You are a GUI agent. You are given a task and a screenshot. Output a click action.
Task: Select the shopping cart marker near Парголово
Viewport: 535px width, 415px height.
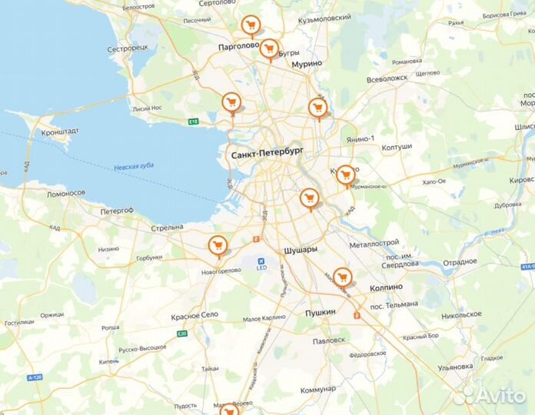[x=250, y=25]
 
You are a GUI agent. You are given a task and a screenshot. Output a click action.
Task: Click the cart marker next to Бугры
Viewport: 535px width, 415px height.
[x=268, y=48]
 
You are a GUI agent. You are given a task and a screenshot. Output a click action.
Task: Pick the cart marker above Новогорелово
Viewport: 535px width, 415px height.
[x=218, y=245]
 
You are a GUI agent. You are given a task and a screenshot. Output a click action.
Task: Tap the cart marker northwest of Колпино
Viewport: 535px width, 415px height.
[x=342, y=276]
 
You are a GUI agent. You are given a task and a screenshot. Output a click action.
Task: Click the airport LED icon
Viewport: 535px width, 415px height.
[x=261, y=261]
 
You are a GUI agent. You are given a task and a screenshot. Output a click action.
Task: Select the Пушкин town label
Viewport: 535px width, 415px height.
[x=321, y=312]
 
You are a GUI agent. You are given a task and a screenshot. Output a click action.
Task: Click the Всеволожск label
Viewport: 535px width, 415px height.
[x=387, y=79]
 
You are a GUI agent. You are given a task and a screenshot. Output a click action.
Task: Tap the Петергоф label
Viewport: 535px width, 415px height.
[x=117, y=211]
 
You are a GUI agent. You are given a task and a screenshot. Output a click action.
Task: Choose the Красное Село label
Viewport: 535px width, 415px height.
[x=196, y=316]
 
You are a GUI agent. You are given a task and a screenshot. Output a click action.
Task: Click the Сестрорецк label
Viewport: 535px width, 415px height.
[x=128, y=48]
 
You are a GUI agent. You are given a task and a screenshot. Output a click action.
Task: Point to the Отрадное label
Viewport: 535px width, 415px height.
[x=460, y=261]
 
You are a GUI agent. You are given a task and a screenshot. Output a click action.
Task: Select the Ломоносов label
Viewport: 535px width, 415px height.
[x=65, y=193]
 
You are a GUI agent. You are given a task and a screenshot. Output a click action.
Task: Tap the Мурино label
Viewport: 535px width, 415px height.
[x=306, y=65]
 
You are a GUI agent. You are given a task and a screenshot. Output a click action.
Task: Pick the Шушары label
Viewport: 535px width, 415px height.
[x=301, y=251]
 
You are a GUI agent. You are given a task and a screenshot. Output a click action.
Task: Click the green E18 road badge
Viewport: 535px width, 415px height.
[x=193, y=121]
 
